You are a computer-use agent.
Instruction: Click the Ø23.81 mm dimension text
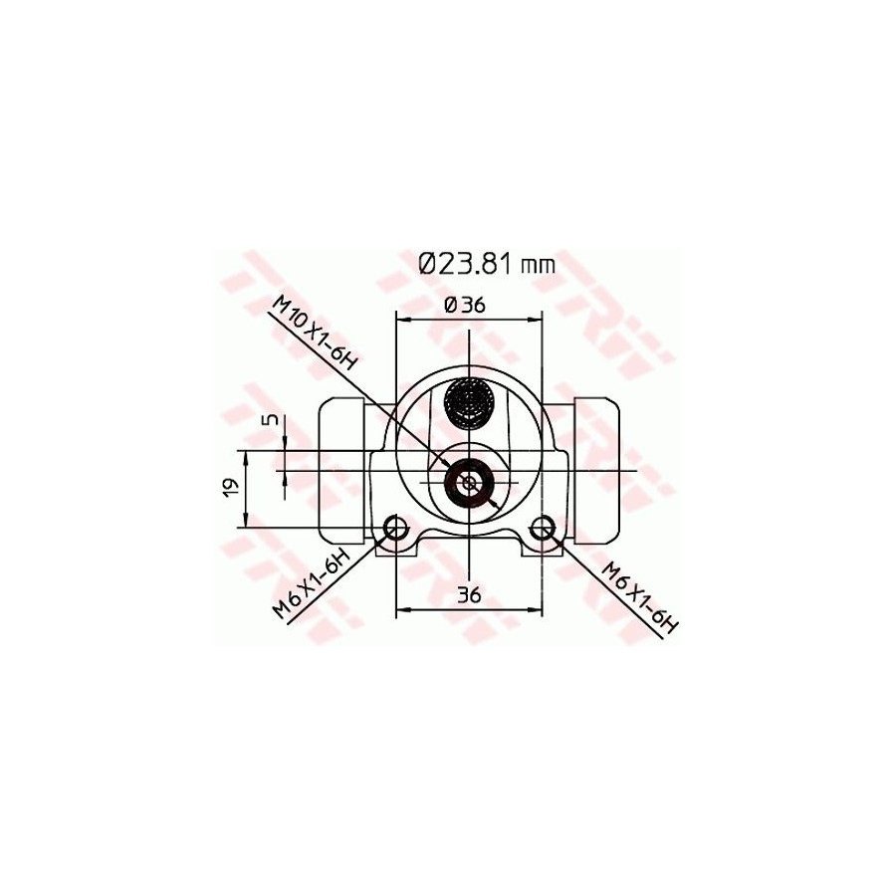[x=486, y=264]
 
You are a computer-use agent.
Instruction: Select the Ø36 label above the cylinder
[x=465, y=306]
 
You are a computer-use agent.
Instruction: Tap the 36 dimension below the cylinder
[x=469, y=595]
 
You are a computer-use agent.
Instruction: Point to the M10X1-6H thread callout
[x=314, y=334]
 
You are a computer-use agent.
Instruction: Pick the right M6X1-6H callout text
[x=641, y=598]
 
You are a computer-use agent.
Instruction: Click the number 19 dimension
[x=231, y=488]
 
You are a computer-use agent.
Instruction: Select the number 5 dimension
[x=273, y=419]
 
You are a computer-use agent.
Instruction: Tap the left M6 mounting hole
[x=393, y=527]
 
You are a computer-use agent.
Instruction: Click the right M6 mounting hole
[x=543, y=527]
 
